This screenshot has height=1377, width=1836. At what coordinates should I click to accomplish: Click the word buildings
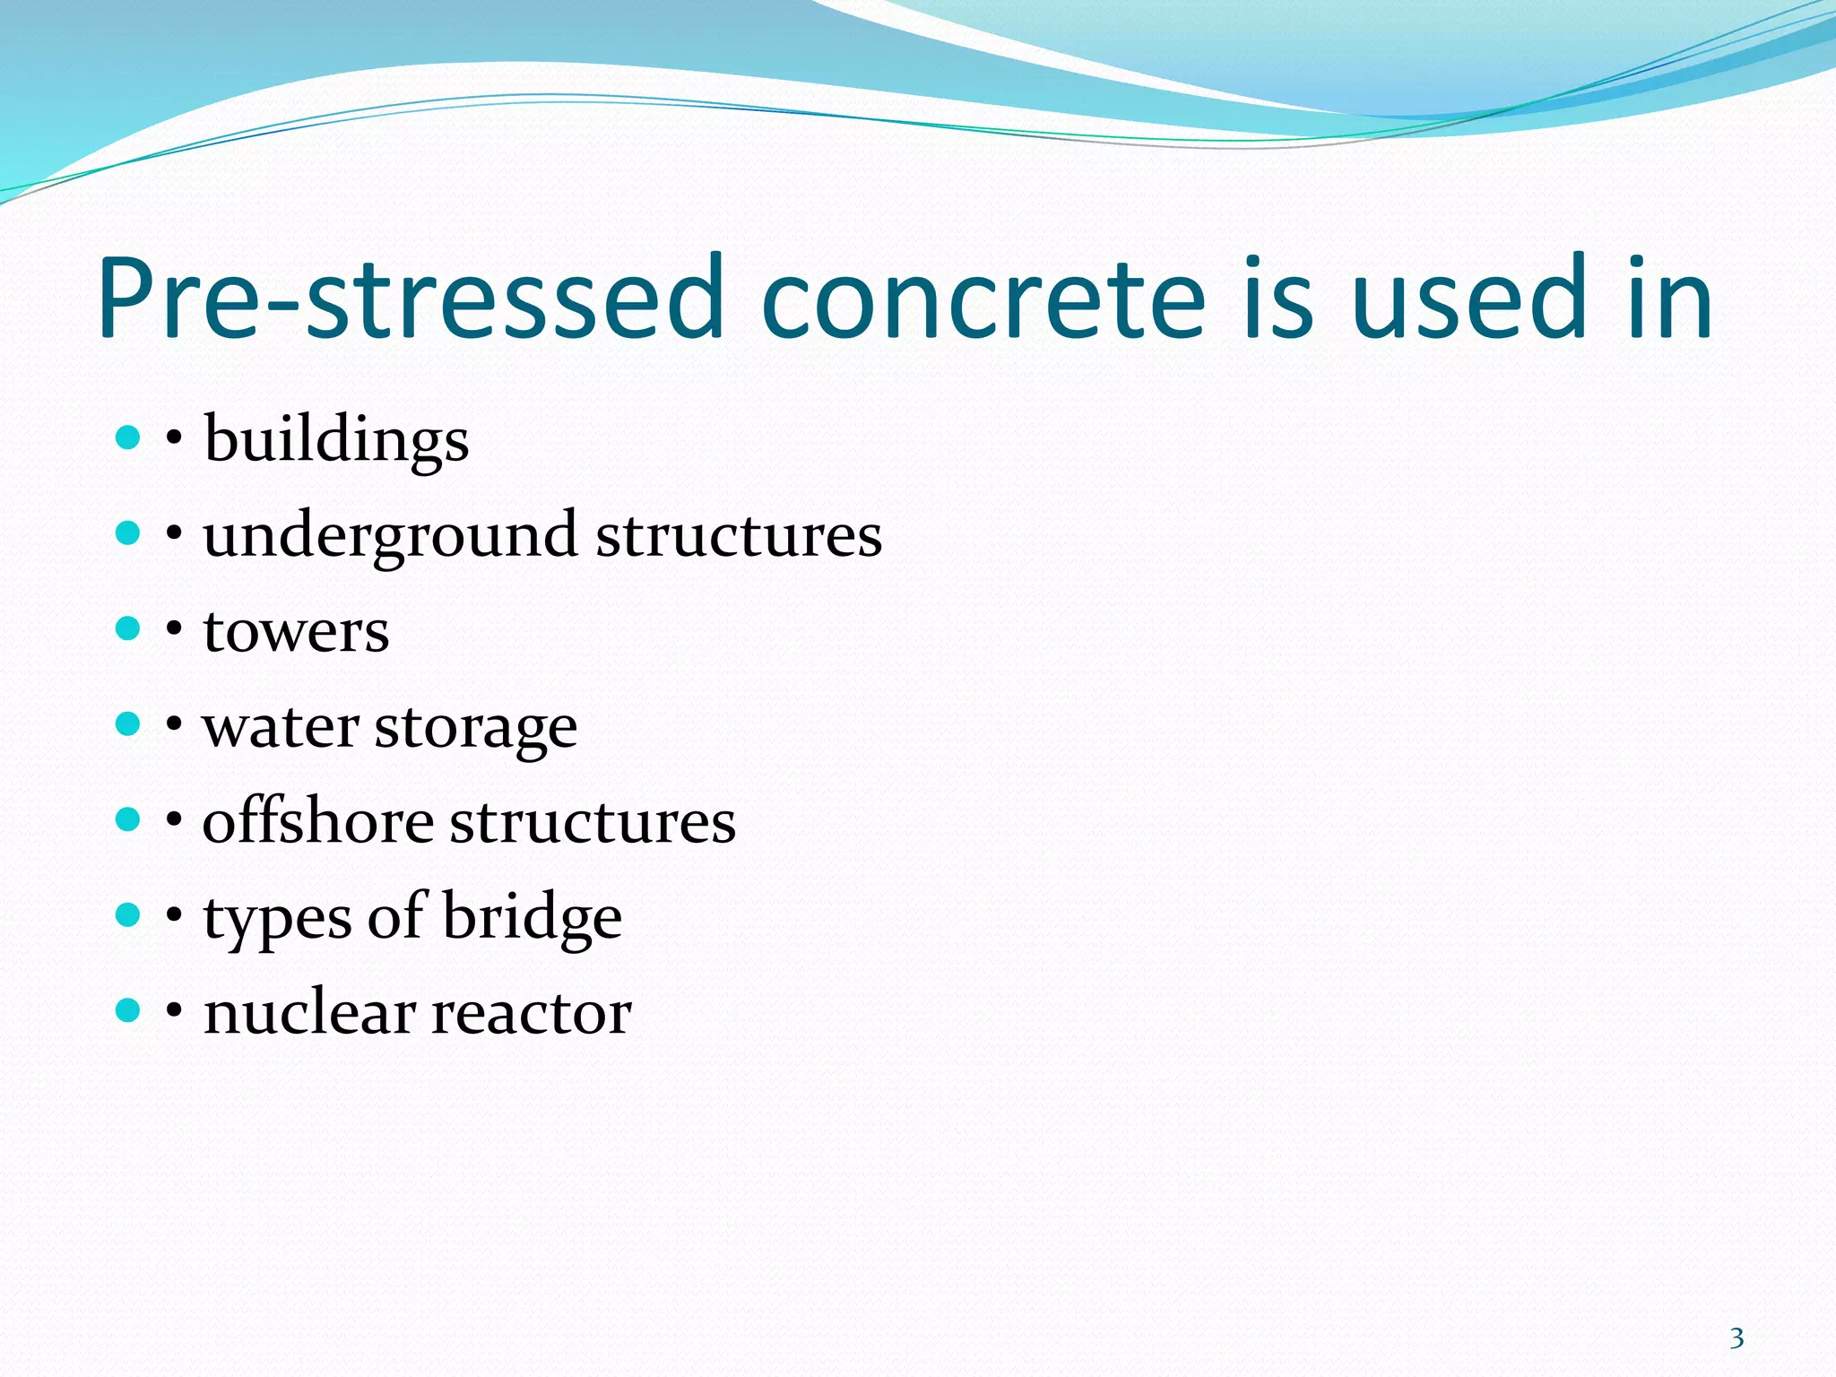click(x=336, y=441)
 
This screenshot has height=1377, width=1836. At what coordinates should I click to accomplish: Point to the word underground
click(x=390, y=536)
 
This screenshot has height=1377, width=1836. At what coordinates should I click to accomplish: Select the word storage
click(x=476, y=728)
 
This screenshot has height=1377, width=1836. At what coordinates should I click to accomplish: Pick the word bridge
click(x=533, y=918)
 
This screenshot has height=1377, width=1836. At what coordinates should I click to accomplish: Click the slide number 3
click(x=1736, y=1338)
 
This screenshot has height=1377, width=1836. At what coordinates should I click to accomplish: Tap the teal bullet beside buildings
click(x=128, y=438)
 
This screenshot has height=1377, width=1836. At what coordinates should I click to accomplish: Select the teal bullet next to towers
click(x=128, y=628)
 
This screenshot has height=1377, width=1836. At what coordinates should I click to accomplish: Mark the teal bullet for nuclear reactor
click(x=128, y=1010)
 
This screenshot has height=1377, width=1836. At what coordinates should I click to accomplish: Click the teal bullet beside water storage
click(x=128, y=724)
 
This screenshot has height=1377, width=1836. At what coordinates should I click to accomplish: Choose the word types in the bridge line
click(x=278, y=920)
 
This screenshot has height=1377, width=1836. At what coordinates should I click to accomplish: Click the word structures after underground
click(x=740, y=536)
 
